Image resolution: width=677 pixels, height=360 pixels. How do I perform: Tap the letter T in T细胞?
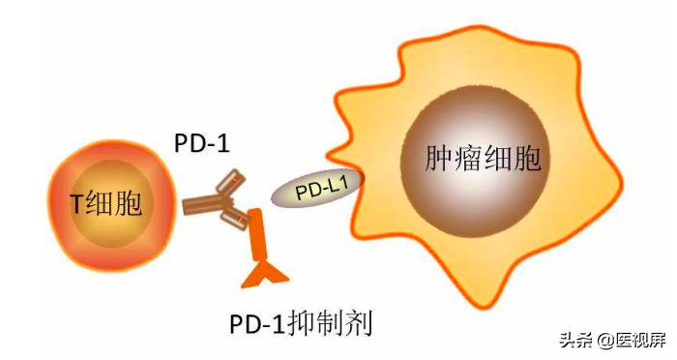coord(77,205)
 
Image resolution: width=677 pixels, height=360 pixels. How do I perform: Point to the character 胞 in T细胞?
coord(128,204)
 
